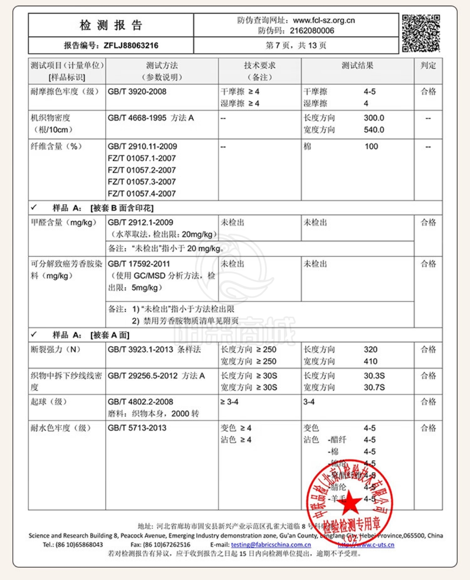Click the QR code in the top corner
point(421,33)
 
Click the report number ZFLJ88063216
point(131,46)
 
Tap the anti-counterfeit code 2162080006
point(311,31)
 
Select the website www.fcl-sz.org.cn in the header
point(324,20)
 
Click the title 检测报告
point(111,25)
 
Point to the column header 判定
point(428,65)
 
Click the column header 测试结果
point(357,65)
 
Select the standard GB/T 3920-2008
point(137,92)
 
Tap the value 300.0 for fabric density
point(374,118)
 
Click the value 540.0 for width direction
point(374,130)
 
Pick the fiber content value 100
point(371,146)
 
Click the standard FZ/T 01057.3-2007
point(141,181)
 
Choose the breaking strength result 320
point(371,349)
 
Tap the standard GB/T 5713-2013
point(137,428)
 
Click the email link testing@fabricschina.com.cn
point(271,544)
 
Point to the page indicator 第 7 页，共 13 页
point(296,46)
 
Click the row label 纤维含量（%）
point(56,146)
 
